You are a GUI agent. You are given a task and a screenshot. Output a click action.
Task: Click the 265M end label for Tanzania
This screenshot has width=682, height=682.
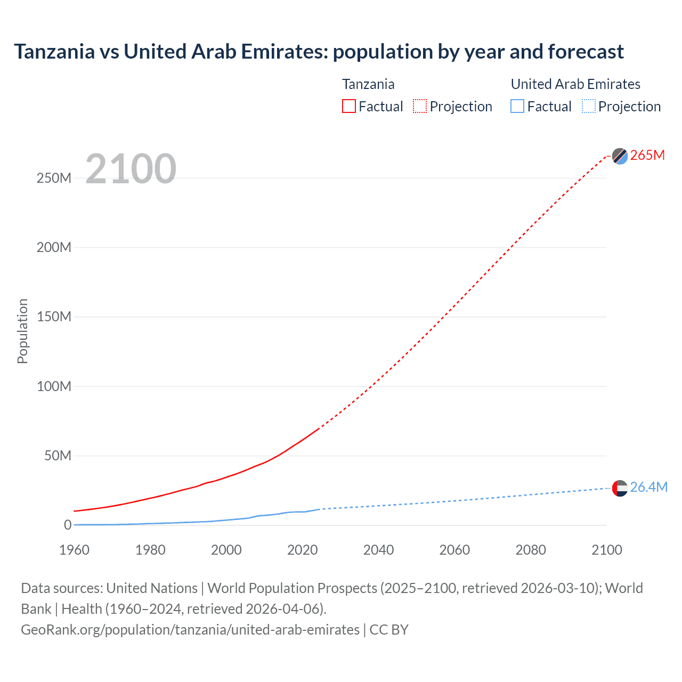[647, 155]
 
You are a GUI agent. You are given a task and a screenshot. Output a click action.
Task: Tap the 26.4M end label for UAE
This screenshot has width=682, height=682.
[648, 487]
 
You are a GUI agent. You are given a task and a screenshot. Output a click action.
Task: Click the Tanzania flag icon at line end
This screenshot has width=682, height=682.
[620, 156]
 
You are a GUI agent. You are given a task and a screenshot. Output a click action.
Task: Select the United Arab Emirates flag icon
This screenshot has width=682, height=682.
[620, 488]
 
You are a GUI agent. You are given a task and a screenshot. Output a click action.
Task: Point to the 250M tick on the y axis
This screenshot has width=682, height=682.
[54, 178]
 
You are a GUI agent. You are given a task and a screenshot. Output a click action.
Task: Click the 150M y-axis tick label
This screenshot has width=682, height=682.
[54, 316]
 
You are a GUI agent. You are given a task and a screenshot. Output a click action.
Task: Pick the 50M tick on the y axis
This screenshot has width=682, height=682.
[58, 456]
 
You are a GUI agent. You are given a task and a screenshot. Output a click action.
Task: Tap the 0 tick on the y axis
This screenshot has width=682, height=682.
[67, 525]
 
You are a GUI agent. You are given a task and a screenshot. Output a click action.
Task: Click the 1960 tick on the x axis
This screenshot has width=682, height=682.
[74, 550]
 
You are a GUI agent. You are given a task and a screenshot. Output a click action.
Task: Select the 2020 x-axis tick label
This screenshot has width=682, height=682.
[302, 550]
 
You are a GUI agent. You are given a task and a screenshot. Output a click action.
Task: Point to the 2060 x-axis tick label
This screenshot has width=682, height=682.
[454, 550]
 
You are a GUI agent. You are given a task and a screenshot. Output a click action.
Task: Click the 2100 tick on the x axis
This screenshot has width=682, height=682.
[606, 550]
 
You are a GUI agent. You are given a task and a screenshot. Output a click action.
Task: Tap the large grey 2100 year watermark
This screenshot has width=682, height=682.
[131, 169]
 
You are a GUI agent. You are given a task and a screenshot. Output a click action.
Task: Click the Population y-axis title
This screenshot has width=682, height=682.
[22, 331]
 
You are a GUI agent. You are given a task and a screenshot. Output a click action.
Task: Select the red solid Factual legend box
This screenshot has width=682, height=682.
[348, 106]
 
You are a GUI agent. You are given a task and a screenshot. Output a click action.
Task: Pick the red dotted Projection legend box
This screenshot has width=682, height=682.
[420, 106]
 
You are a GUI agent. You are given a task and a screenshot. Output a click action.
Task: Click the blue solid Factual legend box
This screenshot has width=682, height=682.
[517, 106]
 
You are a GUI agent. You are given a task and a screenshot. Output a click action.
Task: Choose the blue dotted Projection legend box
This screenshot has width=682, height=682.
[588, 106]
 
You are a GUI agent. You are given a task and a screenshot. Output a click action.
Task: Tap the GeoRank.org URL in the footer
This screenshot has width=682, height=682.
[190, 629]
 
